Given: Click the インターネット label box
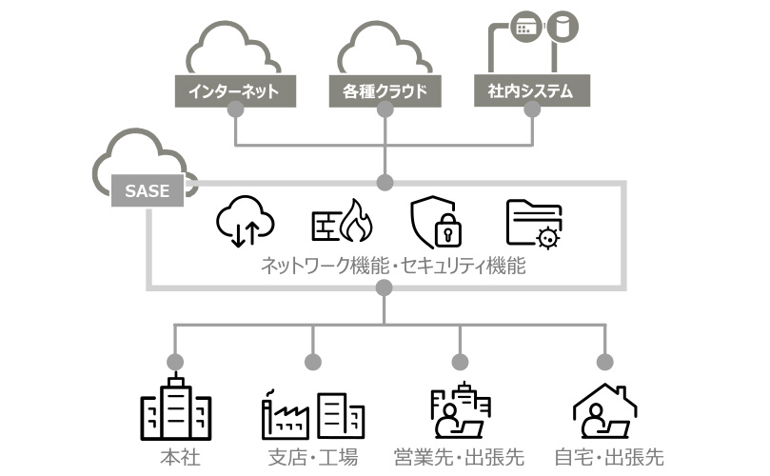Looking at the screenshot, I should (235, 91).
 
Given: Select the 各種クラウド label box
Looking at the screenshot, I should (385, 91).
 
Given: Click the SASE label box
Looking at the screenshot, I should (147, 190).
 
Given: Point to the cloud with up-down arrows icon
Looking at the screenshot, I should (246, 221).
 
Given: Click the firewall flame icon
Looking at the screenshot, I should (343, 221).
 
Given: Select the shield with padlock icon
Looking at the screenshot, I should (437, 223).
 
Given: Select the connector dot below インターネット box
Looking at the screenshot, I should (235, 110).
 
